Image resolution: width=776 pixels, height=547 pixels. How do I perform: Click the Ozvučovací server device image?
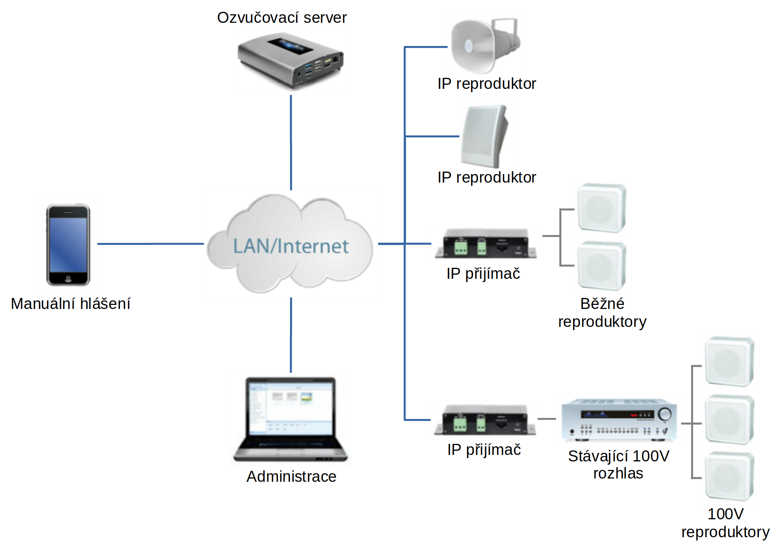290,60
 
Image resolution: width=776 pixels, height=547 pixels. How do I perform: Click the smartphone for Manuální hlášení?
68,245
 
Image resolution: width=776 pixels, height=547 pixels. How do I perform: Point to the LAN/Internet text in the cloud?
290,246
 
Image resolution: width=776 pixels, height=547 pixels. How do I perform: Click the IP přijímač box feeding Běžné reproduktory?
486,243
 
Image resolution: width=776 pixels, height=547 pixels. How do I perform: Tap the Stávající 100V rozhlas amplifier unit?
619,420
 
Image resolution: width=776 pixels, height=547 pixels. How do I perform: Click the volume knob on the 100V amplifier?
665,415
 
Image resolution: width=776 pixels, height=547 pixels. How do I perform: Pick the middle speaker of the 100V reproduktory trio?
729,419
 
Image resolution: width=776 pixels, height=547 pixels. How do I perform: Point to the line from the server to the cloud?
291,143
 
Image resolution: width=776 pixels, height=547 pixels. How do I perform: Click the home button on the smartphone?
68,279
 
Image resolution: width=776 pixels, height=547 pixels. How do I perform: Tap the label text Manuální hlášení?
71,304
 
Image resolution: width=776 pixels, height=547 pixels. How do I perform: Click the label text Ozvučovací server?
282,18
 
